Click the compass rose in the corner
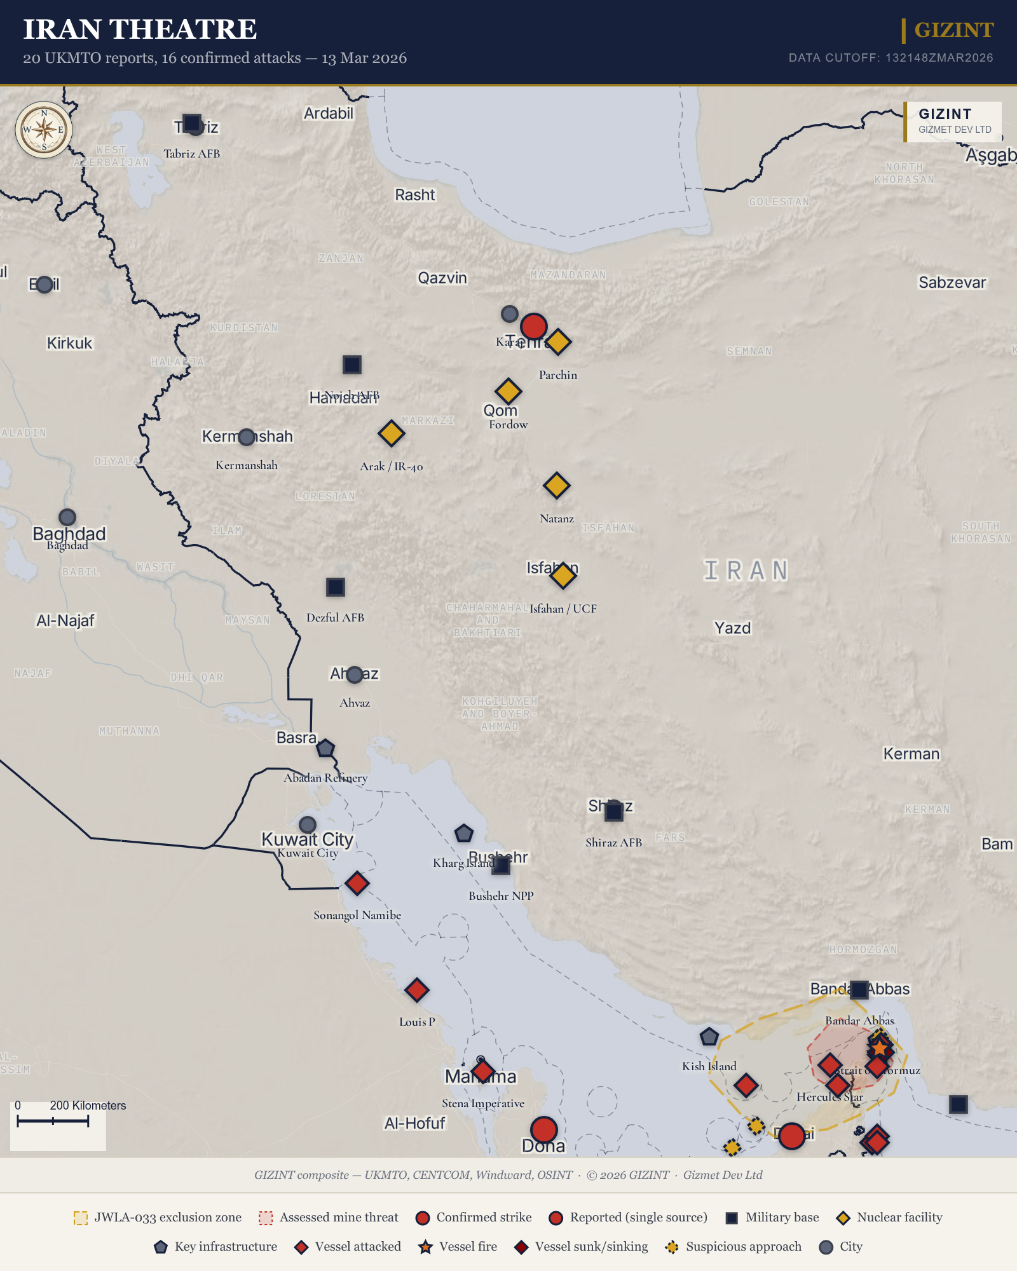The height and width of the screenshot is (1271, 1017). click(x=44, y=130)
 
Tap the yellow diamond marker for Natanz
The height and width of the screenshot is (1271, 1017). click(x=556, y=486)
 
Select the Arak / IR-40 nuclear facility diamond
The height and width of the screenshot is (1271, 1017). click(x=391, y=433)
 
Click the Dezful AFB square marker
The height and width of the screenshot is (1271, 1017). click(x=336, y=587)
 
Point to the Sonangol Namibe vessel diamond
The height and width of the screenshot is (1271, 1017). click(x=357, y=883)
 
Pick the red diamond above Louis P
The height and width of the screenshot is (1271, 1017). click(x=416, y=989)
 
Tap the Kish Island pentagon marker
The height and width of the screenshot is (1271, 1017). click(x=709, y=1037)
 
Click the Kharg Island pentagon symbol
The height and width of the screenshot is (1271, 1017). click(x=464, y=833)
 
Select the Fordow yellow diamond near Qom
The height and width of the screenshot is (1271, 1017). click(x=508, y=391)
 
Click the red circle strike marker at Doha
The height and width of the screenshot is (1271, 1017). click(x=543, y=1130)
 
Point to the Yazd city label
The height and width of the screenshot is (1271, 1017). click(x=732, y=628)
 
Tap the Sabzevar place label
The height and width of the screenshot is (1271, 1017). click(x=952, y=283)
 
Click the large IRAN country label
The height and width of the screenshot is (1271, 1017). click(x=746, y=571)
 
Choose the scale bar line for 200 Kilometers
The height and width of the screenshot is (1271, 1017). click(x=53, y=1121)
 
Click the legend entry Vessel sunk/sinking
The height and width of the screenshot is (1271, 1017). click(x=584, y=1247)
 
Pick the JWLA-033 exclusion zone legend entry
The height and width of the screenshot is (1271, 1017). click(x=158, y=1218)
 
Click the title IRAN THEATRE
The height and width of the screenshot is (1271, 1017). click(x=140, y=29)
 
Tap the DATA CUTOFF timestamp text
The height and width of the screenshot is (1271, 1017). click(x=891, y=58)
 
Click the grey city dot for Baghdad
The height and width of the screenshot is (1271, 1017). click(x=67, y=517)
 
